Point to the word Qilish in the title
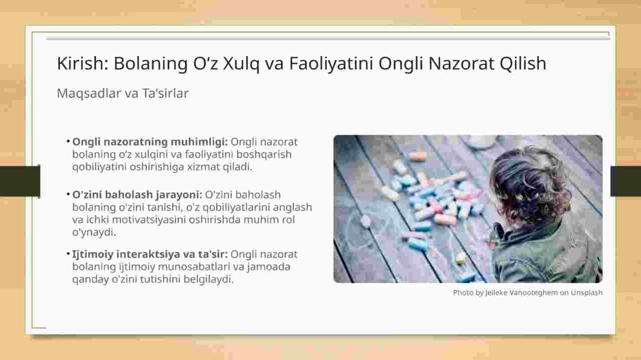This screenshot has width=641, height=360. click(523, 64)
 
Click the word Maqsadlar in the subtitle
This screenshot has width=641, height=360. click(88, 94)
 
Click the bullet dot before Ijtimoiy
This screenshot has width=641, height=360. click(68, 253)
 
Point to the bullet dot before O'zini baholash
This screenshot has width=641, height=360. click(68, 194)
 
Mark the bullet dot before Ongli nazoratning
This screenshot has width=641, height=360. click(68, 141)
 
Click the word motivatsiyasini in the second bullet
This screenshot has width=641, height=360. click(149, 220)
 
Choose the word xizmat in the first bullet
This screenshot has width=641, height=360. click(203, 167)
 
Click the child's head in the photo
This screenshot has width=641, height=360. click(529, 186)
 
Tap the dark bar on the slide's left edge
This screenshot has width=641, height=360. click(20, 181)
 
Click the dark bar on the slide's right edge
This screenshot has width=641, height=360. click(625, 181)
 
